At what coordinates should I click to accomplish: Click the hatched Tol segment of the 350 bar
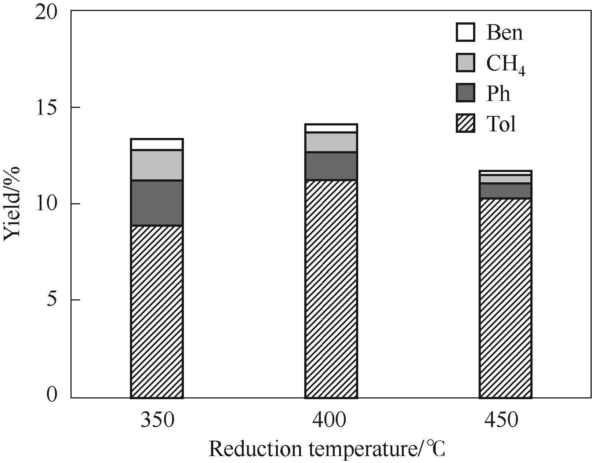(x=157, y=311)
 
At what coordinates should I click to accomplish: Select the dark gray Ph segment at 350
(x=157, y=203)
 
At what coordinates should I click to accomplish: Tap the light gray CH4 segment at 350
(x=157, y=165)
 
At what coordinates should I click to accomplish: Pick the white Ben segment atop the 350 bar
(x=157, y=144)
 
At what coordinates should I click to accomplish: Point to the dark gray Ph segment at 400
(x=331, y=166)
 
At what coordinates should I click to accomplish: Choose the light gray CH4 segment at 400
(x=331, y=142)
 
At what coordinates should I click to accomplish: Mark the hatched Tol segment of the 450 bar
(x=505, y=298)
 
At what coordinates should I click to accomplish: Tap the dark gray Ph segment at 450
(x=505, y=191)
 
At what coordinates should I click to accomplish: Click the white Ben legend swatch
(x=465, y=32)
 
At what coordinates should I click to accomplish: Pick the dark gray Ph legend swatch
(x=465, y=93)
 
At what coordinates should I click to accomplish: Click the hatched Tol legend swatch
(x=465, y=123)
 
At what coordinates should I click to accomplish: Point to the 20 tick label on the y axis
(x=47, y=12)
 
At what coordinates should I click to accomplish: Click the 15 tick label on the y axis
(x=47, y=108)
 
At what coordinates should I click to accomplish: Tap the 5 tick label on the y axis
(x=52, y=300)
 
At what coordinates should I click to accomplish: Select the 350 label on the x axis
(x=157, y=420)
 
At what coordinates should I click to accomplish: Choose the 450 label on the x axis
(x=501, y=420)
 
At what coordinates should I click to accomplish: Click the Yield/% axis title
(x=12, y=204)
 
